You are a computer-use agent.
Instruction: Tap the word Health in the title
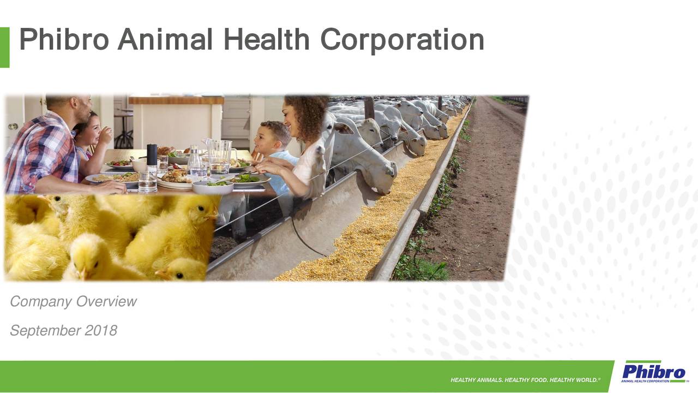(267, 40)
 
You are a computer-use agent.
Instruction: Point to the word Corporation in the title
(402, 40)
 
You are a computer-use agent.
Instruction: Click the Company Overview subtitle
(73, 302)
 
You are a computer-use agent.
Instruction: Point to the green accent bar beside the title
(4, 47)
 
